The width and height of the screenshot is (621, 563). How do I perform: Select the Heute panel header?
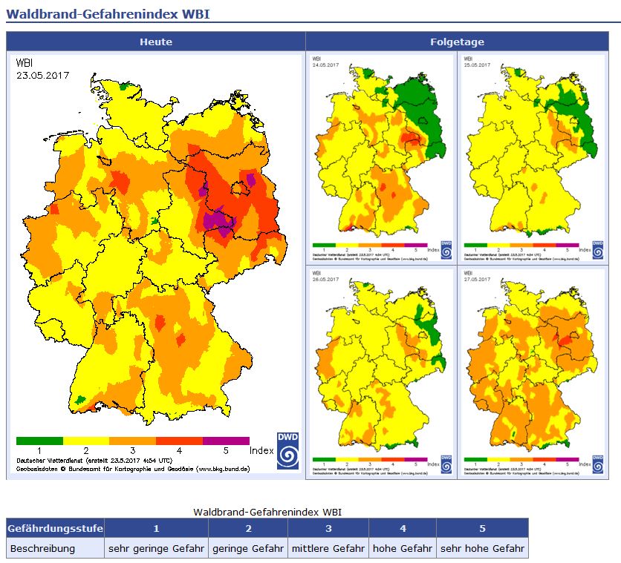click(x=155, y=42)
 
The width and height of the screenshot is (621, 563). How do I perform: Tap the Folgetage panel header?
click(x=457, y=42)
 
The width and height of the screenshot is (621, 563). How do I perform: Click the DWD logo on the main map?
click(x=287, y=451)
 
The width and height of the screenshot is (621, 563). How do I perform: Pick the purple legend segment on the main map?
click(x=226, y=441)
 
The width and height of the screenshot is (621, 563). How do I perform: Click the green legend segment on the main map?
click(x=39, y=441)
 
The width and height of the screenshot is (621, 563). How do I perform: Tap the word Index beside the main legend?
click(x=261, y=450)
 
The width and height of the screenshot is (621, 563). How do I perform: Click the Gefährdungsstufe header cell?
click(x=55, y=528)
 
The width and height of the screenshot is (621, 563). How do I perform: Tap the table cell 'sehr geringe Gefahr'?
click(x=156, y=549)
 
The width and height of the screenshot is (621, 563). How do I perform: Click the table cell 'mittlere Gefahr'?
click(x=328, y=549)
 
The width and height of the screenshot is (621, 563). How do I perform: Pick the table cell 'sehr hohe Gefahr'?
click(x=482, y=549)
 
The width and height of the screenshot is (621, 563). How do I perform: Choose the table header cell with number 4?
click(x=402, y=528)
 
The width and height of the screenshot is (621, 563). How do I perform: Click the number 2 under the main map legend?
click(x=86, y=450)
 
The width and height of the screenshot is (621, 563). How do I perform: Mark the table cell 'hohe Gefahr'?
click(x=402, y=549)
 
